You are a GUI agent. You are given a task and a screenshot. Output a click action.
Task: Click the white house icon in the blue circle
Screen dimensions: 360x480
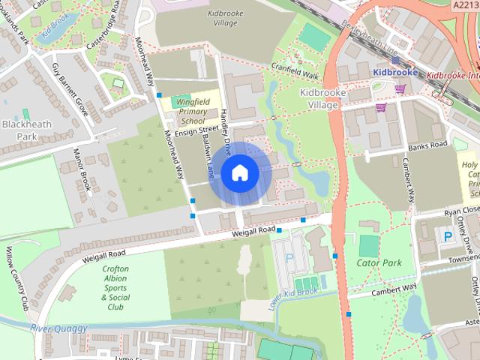click(239, 172)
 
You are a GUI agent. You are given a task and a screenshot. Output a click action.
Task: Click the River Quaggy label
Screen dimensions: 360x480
click(58, 328)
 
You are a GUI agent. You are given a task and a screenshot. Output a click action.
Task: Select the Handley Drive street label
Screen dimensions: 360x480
click(225, 127)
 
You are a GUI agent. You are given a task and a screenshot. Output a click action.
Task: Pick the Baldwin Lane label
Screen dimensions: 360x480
click(210, 161)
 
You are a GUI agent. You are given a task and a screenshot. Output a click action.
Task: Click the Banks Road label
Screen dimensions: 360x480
click(428, 144)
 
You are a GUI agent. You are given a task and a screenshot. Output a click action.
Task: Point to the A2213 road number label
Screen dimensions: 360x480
click(465, 5)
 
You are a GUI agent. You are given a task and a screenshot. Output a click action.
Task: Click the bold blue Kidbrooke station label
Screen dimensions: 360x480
click(394, 72)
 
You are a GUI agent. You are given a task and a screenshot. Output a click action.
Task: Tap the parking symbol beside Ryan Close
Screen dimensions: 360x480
click(448, 236)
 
